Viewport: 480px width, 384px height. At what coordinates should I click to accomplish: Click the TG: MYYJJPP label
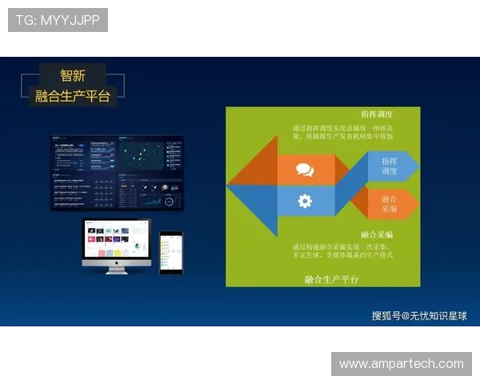pos(58,20)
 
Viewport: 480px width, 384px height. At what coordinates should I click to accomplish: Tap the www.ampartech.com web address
pos(401,364)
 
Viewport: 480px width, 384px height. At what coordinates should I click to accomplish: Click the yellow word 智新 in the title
pos(73,76)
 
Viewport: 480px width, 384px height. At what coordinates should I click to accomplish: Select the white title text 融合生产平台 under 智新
pos(73,97)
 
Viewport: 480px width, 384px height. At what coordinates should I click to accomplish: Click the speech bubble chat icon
pos(305,170)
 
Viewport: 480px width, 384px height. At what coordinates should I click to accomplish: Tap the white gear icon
pos(305,201)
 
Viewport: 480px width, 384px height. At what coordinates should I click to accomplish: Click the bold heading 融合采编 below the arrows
pos(377,235)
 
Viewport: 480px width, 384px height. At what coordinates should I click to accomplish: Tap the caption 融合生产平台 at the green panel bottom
pos(332,279)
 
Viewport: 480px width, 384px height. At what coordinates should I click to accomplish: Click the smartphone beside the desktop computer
pos(170,253)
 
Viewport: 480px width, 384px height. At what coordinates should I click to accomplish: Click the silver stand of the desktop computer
pos(117,270)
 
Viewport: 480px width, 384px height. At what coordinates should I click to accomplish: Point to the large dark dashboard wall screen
pos(117,173)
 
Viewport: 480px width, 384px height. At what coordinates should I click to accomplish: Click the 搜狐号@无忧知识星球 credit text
pos(419,316)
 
